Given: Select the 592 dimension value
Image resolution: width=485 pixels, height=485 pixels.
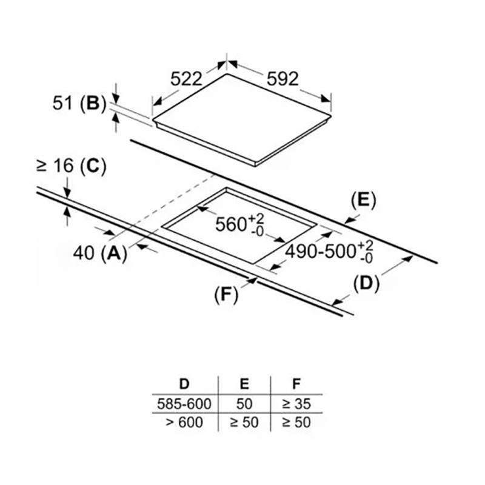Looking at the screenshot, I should [282, 79].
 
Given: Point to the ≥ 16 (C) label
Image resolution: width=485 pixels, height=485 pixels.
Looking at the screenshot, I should [72, 167].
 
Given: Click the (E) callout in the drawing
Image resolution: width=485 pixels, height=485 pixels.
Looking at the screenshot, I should [364, 200].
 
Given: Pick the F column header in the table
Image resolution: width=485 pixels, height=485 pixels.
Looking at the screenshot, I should [296, 384].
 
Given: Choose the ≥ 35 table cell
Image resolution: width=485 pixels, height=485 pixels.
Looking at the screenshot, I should [296, 403].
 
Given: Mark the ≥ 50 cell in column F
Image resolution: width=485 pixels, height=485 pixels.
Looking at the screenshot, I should [296, 421].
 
